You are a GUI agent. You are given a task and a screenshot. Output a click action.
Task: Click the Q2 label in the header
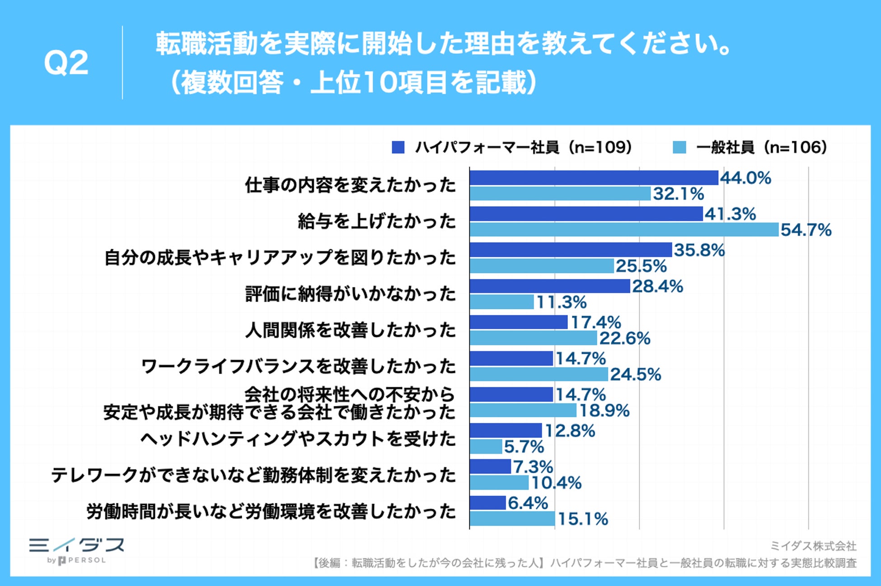(66, 63)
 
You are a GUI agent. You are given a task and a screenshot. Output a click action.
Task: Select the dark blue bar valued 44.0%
(594, 178)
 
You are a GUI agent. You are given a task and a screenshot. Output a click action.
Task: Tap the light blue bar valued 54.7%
(624, 230)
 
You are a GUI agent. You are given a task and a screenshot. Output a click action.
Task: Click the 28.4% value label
(657, 286)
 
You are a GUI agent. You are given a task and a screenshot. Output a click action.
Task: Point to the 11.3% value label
(561, 302)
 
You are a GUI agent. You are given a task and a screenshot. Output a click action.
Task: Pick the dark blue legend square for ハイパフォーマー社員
(398, 147)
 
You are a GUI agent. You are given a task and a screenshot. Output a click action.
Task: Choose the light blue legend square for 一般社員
(679, 147)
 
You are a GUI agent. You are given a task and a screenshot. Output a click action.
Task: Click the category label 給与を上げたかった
(377, 222)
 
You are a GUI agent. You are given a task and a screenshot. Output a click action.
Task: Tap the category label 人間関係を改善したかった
(351, 330)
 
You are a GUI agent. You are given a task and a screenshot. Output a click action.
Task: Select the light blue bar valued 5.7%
(486, 446)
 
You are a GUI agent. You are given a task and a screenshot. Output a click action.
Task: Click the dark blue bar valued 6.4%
(487, 502)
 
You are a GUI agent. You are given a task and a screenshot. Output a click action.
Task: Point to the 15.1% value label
(583, 519)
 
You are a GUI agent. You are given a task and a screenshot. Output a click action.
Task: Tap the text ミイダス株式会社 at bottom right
(813, 546)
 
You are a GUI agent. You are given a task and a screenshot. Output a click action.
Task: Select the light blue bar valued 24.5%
(539, 374)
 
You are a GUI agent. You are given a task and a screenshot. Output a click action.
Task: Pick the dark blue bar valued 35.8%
(571, 250)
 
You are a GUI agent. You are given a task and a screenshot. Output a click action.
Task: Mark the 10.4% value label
(556, 483)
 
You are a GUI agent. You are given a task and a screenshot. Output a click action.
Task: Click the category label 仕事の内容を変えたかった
(351, 185)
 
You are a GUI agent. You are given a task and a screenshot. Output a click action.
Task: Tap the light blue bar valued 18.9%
(523, 410)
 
